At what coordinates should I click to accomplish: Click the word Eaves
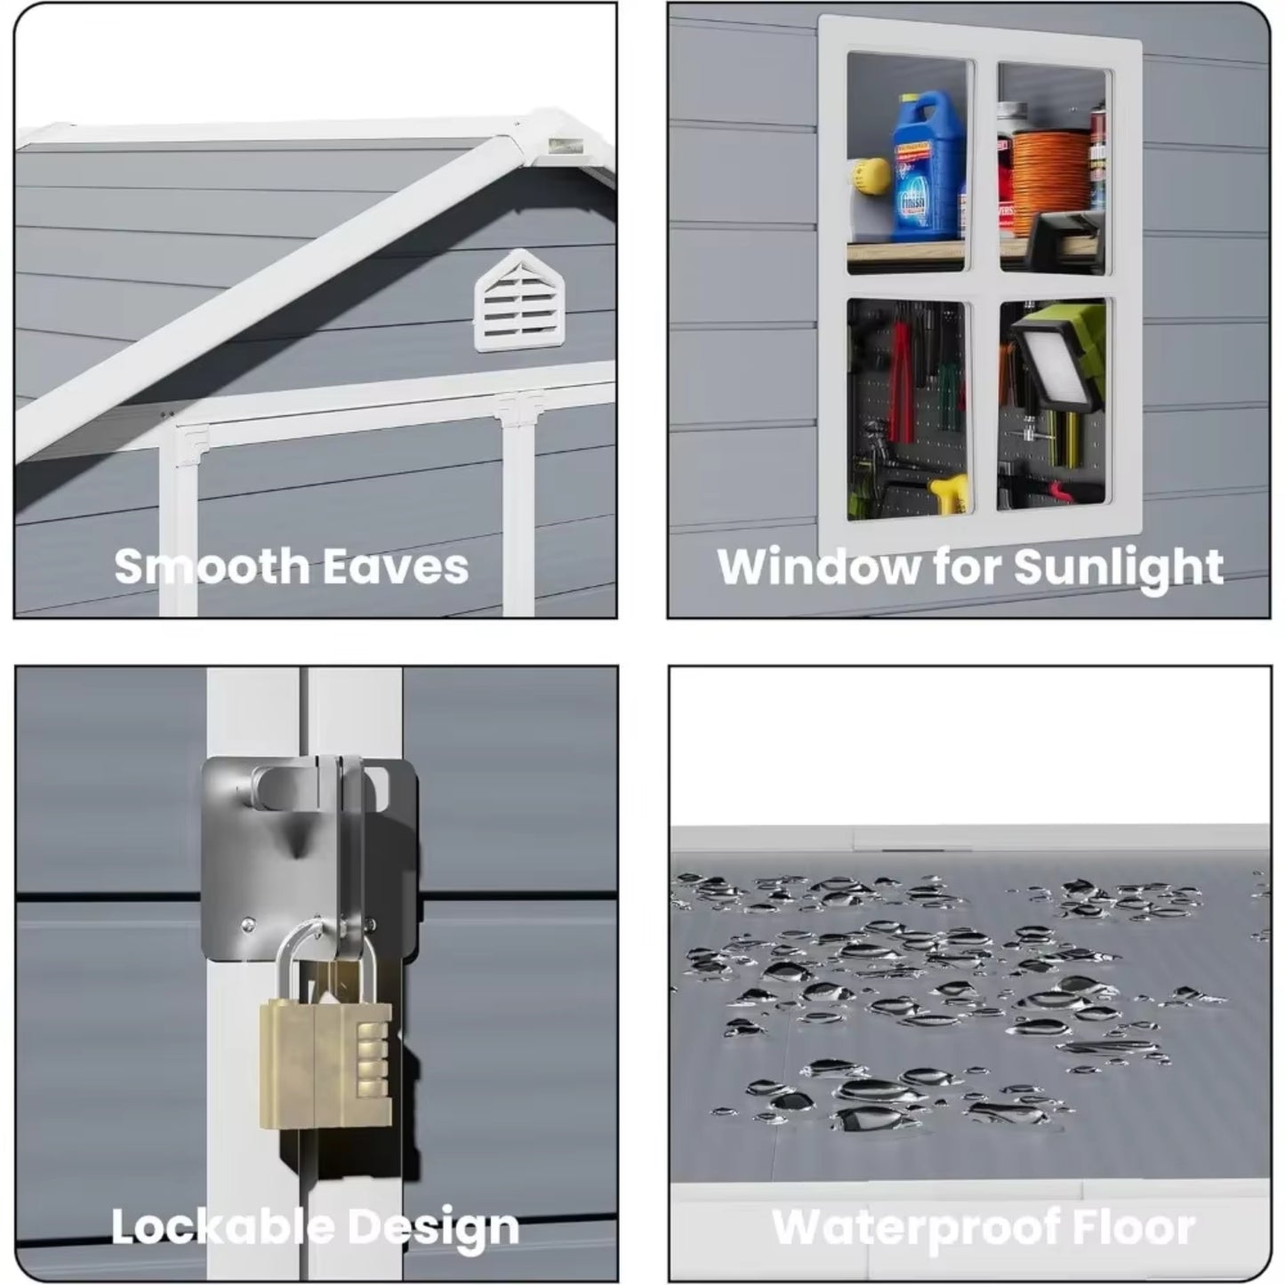[396, 566]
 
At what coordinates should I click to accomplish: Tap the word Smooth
[212, 566]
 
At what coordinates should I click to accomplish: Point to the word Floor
[1139, 1224]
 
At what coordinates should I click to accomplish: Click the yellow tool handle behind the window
[948, 494]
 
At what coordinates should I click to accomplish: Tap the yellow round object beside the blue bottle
[868, 174]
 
